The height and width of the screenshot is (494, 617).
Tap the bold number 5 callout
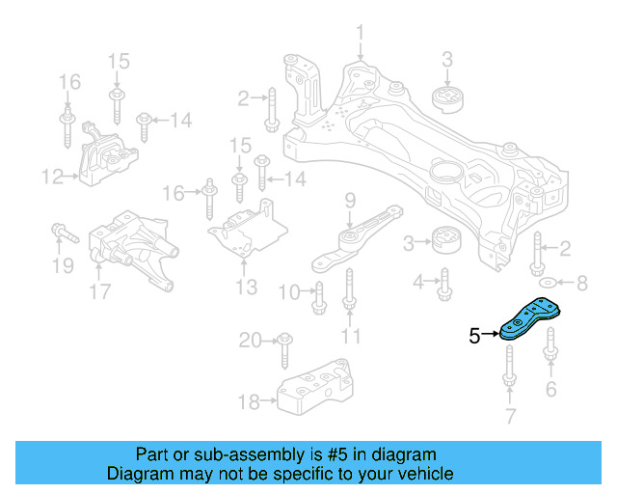point(473,336)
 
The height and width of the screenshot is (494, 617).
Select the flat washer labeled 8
point(547,283)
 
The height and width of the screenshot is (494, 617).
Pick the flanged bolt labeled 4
point(444,283)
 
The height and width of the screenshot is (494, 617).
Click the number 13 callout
point(246,287)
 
